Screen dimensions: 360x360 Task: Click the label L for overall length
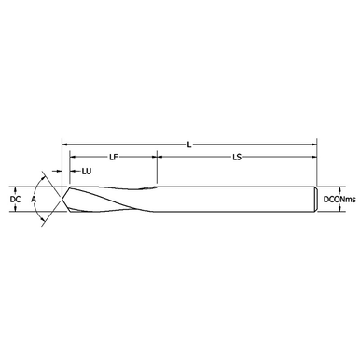(189, 145)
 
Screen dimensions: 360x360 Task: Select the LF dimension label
(114, 157)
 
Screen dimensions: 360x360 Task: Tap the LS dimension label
(237, 157)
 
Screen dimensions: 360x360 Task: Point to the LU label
(87, 171)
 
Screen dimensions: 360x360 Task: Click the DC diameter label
(15, 200)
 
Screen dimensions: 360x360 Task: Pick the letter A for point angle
(34, 200)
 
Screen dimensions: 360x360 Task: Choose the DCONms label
(339, 200)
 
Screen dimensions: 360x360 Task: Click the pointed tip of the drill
(62, 199)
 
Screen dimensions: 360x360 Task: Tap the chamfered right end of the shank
(315, 200)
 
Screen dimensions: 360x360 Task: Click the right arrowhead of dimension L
(314, 145)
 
